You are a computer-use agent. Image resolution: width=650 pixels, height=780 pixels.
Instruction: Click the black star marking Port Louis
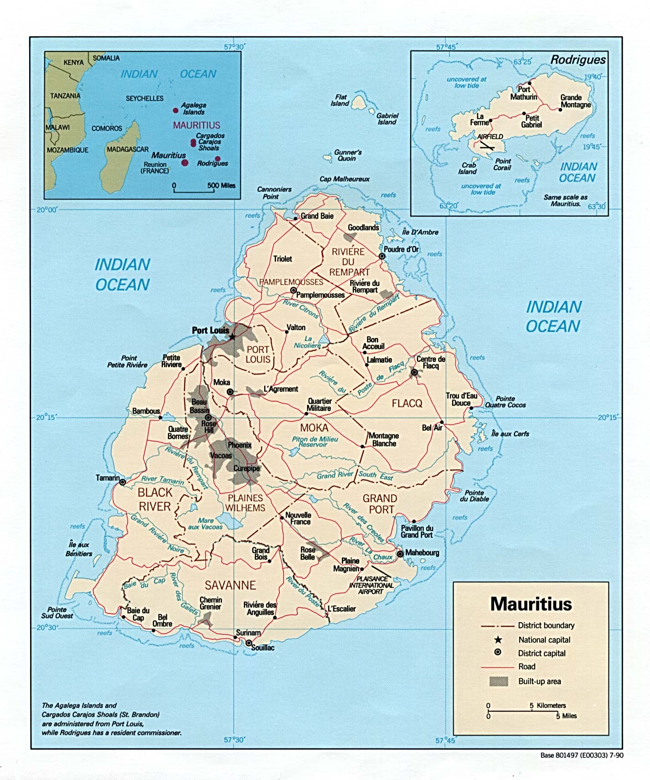(232, 337)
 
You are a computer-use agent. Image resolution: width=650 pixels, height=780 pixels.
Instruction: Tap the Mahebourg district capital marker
(400, 554)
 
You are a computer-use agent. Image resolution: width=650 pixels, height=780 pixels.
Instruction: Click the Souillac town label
(263, 647)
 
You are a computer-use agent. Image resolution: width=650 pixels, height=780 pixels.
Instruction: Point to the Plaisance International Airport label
(371, 585)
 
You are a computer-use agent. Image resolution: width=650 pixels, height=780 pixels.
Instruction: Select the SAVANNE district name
(230, 585)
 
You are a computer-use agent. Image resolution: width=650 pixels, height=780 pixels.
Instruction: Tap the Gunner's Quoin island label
(348, 155)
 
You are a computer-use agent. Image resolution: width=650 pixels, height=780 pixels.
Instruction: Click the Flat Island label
(340, 100)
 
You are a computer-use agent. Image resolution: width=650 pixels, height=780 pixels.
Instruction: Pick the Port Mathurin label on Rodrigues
(523, 93)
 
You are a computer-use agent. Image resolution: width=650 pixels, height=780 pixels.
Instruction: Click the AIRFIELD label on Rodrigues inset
(490, 137)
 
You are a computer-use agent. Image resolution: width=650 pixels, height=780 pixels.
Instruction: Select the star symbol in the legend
(498, 640)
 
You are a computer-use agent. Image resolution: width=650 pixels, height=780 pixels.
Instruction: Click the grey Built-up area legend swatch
(498, 681)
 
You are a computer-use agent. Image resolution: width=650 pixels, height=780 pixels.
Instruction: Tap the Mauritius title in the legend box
(531, 604)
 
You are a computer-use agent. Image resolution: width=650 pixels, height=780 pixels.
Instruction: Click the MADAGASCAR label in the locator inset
(128, 149)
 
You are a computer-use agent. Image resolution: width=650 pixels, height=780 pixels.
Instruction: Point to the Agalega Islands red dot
(176, 110)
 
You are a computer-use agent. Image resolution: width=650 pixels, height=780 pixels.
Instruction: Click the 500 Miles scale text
(221, 185)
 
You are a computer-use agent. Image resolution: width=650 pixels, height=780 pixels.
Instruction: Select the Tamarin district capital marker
(123, 482)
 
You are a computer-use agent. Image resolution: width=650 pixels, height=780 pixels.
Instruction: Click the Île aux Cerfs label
(510, 434)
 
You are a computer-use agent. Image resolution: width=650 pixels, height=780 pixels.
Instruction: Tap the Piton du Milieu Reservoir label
(315, 441)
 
